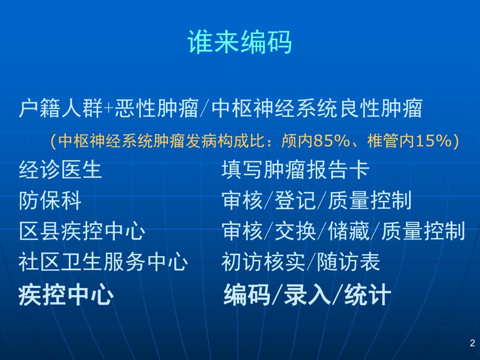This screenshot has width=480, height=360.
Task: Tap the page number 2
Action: pos(472,343)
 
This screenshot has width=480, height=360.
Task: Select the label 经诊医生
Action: pos(60,170)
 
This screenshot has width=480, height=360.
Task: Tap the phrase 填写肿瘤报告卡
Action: pos(295,170)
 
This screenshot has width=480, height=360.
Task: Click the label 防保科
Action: pos(50,200)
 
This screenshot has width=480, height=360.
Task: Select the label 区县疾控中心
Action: pos(81,231)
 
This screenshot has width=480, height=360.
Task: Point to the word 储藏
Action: pos(349,231)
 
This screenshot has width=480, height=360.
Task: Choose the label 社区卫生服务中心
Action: pos(102,261)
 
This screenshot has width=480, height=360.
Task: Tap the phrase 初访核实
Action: pos(263,261)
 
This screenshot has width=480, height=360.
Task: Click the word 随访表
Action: pos(349,261)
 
